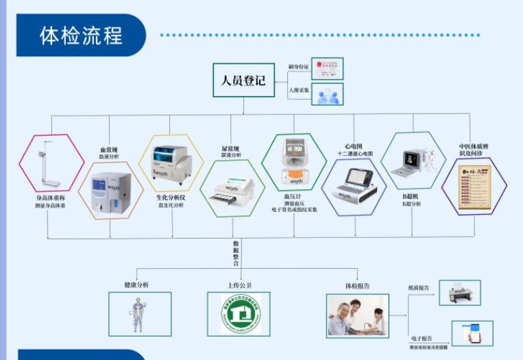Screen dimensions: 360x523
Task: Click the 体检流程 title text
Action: click(x=81, y=34)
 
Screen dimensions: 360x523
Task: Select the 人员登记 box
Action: click(x=243, y=80)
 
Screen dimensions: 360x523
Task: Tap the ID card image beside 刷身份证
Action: click(x=327, y=68)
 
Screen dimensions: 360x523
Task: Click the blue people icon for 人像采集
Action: click(x=327, y=94)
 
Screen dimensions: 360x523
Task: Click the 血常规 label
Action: click(x=109, y=149)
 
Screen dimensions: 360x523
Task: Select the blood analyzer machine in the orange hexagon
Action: click(x=110, y=190)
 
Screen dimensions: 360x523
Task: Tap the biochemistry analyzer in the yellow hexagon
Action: click(x=171, y=164)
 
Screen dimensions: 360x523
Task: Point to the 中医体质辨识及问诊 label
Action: click(x=473, y=150)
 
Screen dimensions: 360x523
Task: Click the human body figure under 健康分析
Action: click(x=139, y=313)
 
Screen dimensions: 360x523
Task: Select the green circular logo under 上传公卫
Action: click(x=241, y=314)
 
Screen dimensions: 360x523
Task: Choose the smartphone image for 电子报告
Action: click(x=472, y=333)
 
